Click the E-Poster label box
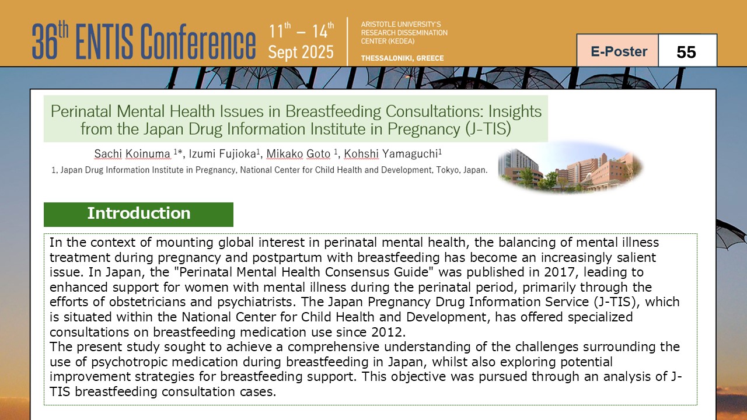[x=617, y=51]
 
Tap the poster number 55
[x=686, y=52]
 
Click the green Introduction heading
[x=138, y=214]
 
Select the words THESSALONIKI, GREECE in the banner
[x=402, y=58]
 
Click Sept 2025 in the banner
[x=301, y=52]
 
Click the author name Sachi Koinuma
[x=132, y=153]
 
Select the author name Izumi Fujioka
[x=222, y=153]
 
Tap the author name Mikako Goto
[x=298, y=153]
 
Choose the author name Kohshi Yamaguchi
[x=390, y=153]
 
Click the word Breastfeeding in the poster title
[x=333, y=111]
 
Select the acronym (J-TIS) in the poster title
[x=488, y=129]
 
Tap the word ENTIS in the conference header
[x=104, y=41]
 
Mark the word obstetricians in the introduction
[x=160, y=302]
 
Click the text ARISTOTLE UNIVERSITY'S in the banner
[x=400, y=24]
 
